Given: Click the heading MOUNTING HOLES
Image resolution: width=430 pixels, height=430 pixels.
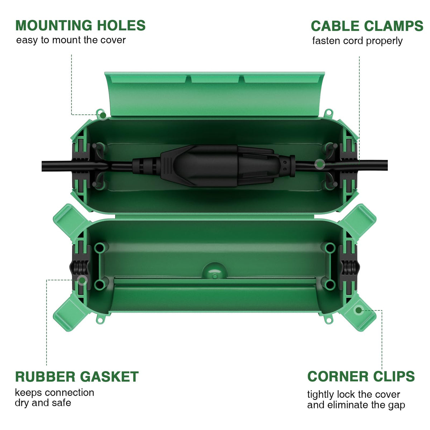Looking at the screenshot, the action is pos(80,25).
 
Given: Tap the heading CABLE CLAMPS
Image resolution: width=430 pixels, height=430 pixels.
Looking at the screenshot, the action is pos(367,26).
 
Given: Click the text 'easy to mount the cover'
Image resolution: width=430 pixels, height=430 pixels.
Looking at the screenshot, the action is pos(71,40).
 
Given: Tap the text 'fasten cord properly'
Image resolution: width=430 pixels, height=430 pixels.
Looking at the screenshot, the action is pos(357,41).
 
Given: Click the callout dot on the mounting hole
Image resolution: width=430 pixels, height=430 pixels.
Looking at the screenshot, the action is pos(103,115).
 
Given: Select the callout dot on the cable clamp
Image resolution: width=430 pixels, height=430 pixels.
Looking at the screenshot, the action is pos(320,164).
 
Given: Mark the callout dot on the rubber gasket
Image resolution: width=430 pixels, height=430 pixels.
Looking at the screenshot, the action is pos(82,280).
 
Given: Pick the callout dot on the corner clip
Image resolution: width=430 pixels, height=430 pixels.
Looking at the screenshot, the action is pos(359,310).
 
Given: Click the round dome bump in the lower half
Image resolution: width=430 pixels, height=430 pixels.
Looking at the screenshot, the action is pos(214,271).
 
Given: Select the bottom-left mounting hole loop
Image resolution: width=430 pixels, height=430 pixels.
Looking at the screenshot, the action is pos(100,320).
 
